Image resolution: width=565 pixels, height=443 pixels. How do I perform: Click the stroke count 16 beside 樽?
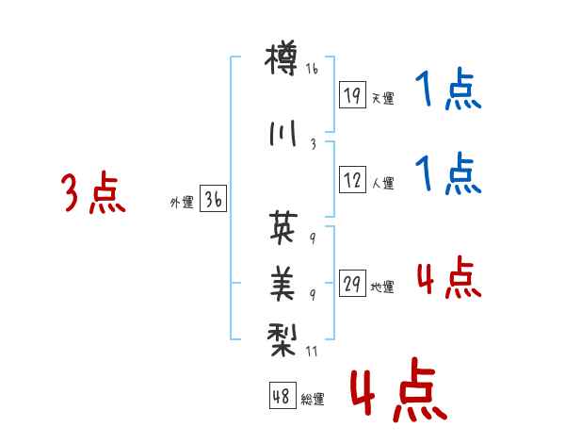tap(313, 69)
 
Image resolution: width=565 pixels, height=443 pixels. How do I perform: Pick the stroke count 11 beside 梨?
tap(313, 351)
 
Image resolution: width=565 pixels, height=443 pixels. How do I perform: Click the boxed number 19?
tap(352, 95)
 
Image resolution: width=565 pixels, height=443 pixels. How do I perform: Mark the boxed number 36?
tap(213, 200)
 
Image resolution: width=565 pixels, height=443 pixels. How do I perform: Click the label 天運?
tap(383, 98)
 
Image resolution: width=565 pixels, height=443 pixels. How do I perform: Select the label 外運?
tap(181, 202)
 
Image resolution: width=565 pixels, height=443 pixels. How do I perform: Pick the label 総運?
tap(313, 400)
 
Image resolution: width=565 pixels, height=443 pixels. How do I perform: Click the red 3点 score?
tap(92, 194)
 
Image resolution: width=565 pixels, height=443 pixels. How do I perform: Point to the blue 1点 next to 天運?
tap(448, 92)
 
